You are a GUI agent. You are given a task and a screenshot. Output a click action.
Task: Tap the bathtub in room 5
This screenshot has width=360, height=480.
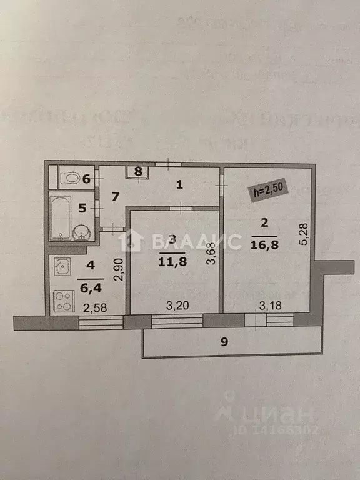[61, 218]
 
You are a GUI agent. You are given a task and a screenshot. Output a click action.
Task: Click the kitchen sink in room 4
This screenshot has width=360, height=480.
[61, 267]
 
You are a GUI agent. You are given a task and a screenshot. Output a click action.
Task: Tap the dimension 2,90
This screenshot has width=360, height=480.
[117, 268]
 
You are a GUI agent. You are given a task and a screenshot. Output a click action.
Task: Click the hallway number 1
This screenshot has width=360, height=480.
[179, 185]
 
